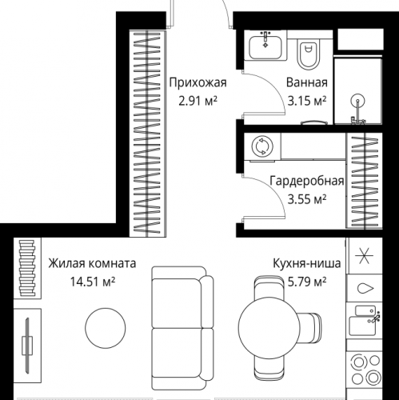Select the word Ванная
coord(306,82)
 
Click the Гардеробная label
coord(306,181)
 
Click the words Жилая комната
coord(91,262)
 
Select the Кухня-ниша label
coord(307,262)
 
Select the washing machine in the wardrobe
coord(261,146)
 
